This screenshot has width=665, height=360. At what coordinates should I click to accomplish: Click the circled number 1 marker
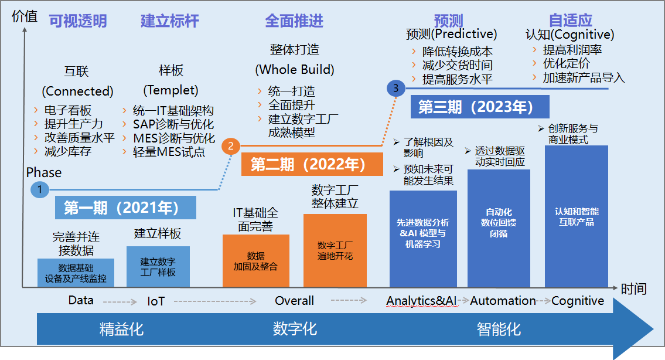point(39,189)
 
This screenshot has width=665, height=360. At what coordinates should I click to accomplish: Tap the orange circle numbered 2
point(230,147)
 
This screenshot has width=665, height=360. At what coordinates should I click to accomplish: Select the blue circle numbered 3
point(396,89)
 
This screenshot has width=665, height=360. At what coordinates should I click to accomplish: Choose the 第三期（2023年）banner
point(476,107)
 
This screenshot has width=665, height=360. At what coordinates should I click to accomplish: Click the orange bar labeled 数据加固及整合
point(256,261)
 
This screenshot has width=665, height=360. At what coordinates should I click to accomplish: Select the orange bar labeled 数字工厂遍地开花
point(335,250)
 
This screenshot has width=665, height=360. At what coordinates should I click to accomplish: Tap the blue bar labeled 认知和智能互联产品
point(577,216)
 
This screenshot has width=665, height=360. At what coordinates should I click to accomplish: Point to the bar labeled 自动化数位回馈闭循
point(499,228)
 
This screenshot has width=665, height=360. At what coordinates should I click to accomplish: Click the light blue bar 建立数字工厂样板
point(158,267)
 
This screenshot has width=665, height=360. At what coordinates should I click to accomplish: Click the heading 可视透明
point(78,22)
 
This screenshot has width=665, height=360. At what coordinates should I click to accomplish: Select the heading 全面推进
point(294,22)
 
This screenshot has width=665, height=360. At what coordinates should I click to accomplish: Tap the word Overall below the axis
point(295,301)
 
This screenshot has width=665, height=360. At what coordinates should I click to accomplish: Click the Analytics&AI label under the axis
point(421,301)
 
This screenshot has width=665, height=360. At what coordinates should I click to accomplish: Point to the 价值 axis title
point(25,16)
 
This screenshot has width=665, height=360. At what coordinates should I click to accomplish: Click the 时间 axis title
point(634,288)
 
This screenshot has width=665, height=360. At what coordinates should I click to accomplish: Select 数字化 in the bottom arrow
point(295,329)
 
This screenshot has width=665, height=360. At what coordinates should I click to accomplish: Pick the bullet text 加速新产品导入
point(584,77)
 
